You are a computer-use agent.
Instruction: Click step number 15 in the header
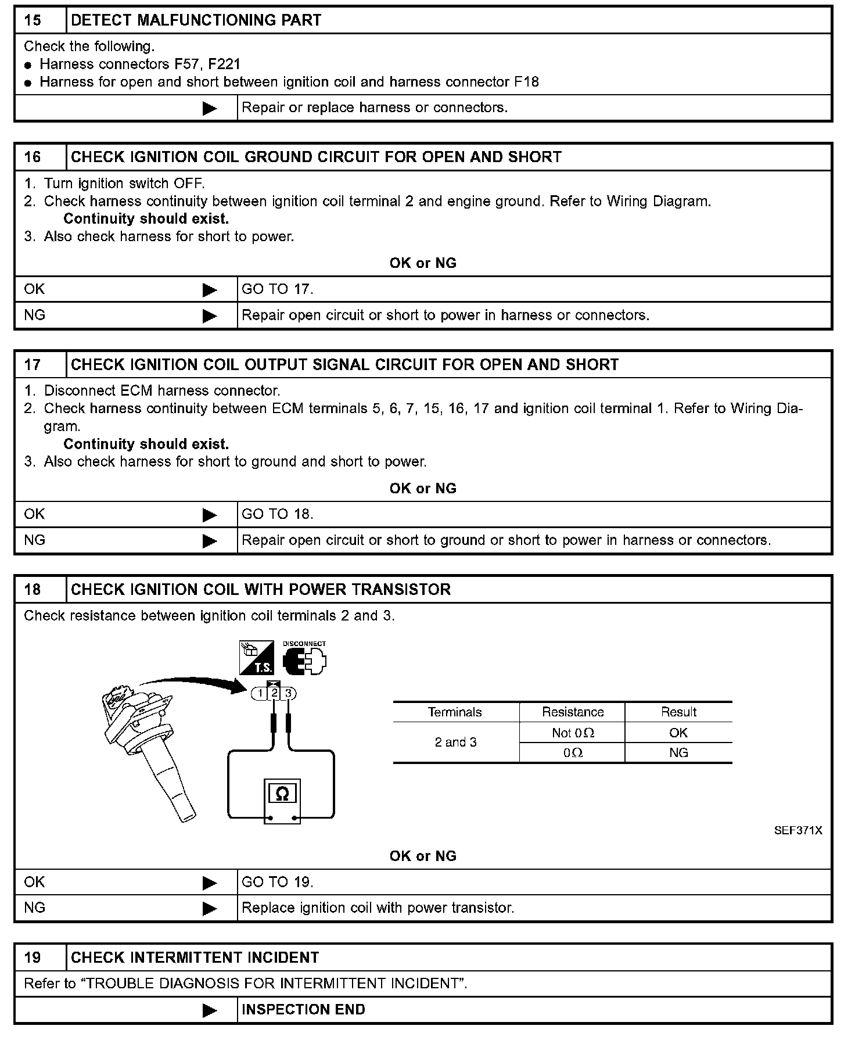point(33,20)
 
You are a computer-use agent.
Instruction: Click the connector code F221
point(224,64)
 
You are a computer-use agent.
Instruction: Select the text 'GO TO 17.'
point(277,289)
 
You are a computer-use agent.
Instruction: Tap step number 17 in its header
point(33,365)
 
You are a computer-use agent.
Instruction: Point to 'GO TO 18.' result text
point(277,514)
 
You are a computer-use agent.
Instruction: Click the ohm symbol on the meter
point(282,794)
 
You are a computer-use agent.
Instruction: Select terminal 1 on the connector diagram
point(261,693)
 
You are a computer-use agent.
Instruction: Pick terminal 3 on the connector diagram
point(288,693)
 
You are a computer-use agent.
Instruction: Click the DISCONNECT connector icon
point(304,659)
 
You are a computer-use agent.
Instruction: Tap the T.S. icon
point(256,658)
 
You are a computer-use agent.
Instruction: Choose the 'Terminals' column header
point(455,712)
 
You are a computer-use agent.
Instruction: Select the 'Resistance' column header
point(573,712)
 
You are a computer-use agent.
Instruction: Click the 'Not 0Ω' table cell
point(573,733)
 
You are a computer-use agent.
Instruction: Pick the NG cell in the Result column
point(678,753)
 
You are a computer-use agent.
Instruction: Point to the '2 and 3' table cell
point(455,743)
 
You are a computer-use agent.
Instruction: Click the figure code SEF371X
point(797,831)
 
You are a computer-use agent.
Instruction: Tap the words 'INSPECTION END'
point(303,1010)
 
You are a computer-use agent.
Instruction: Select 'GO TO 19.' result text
point(277,883)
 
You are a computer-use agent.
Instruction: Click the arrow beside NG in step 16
point(210,316)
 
